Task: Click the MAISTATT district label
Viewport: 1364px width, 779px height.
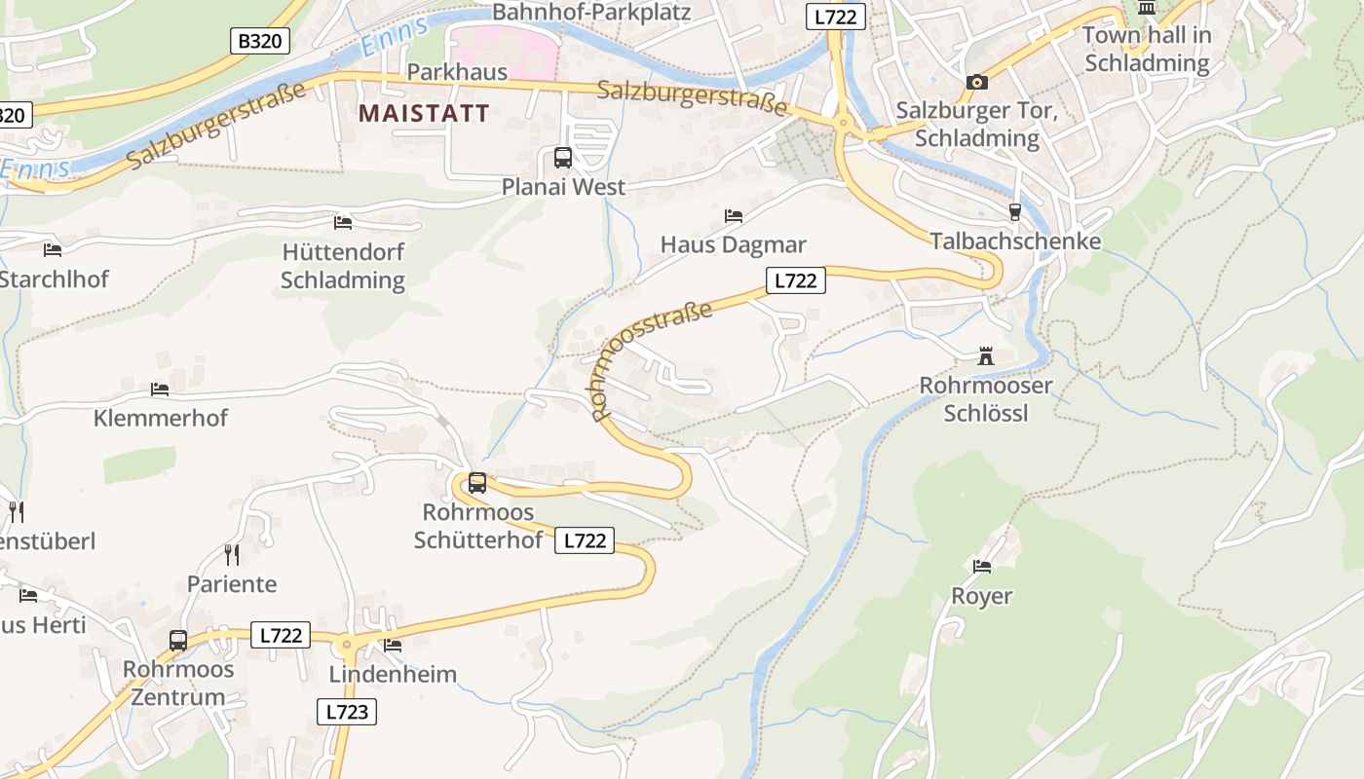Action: pos(424,113)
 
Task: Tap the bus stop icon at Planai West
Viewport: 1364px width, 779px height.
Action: pos(563,158)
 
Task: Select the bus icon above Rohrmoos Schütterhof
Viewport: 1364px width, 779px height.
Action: pos(477,483)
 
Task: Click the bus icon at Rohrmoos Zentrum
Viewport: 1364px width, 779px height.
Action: pos(178,641)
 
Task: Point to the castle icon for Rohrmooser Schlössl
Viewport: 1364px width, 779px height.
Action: pos(986,356)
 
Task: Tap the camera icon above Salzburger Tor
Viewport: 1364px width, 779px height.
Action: pos(977,83)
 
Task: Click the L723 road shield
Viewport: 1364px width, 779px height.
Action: pos(347,712)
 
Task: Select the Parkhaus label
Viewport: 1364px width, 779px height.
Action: pos(457,72)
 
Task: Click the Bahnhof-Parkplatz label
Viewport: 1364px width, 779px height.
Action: pos(591,13)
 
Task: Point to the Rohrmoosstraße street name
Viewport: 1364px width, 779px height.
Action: pos(651,358)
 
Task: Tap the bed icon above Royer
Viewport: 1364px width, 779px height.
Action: pos(981,566)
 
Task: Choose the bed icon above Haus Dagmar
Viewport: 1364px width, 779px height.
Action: pos(734,215)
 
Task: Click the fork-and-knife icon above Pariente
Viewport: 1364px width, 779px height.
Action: pos(232,555)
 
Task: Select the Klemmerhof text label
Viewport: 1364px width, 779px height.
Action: pos(161,418)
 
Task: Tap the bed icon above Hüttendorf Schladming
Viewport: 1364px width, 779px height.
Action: pos(343,223)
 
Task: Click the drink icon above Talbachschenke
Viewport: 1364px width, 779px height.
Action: pos(1015,212)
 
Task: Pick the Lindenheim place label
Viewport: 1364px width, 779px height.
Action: pos(393,674)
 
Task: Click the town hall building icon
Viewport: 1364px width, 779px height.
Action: pos(1147,8)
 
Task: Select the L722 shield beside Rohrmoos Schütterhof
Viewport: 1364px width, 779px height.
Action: pos(585,540)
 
